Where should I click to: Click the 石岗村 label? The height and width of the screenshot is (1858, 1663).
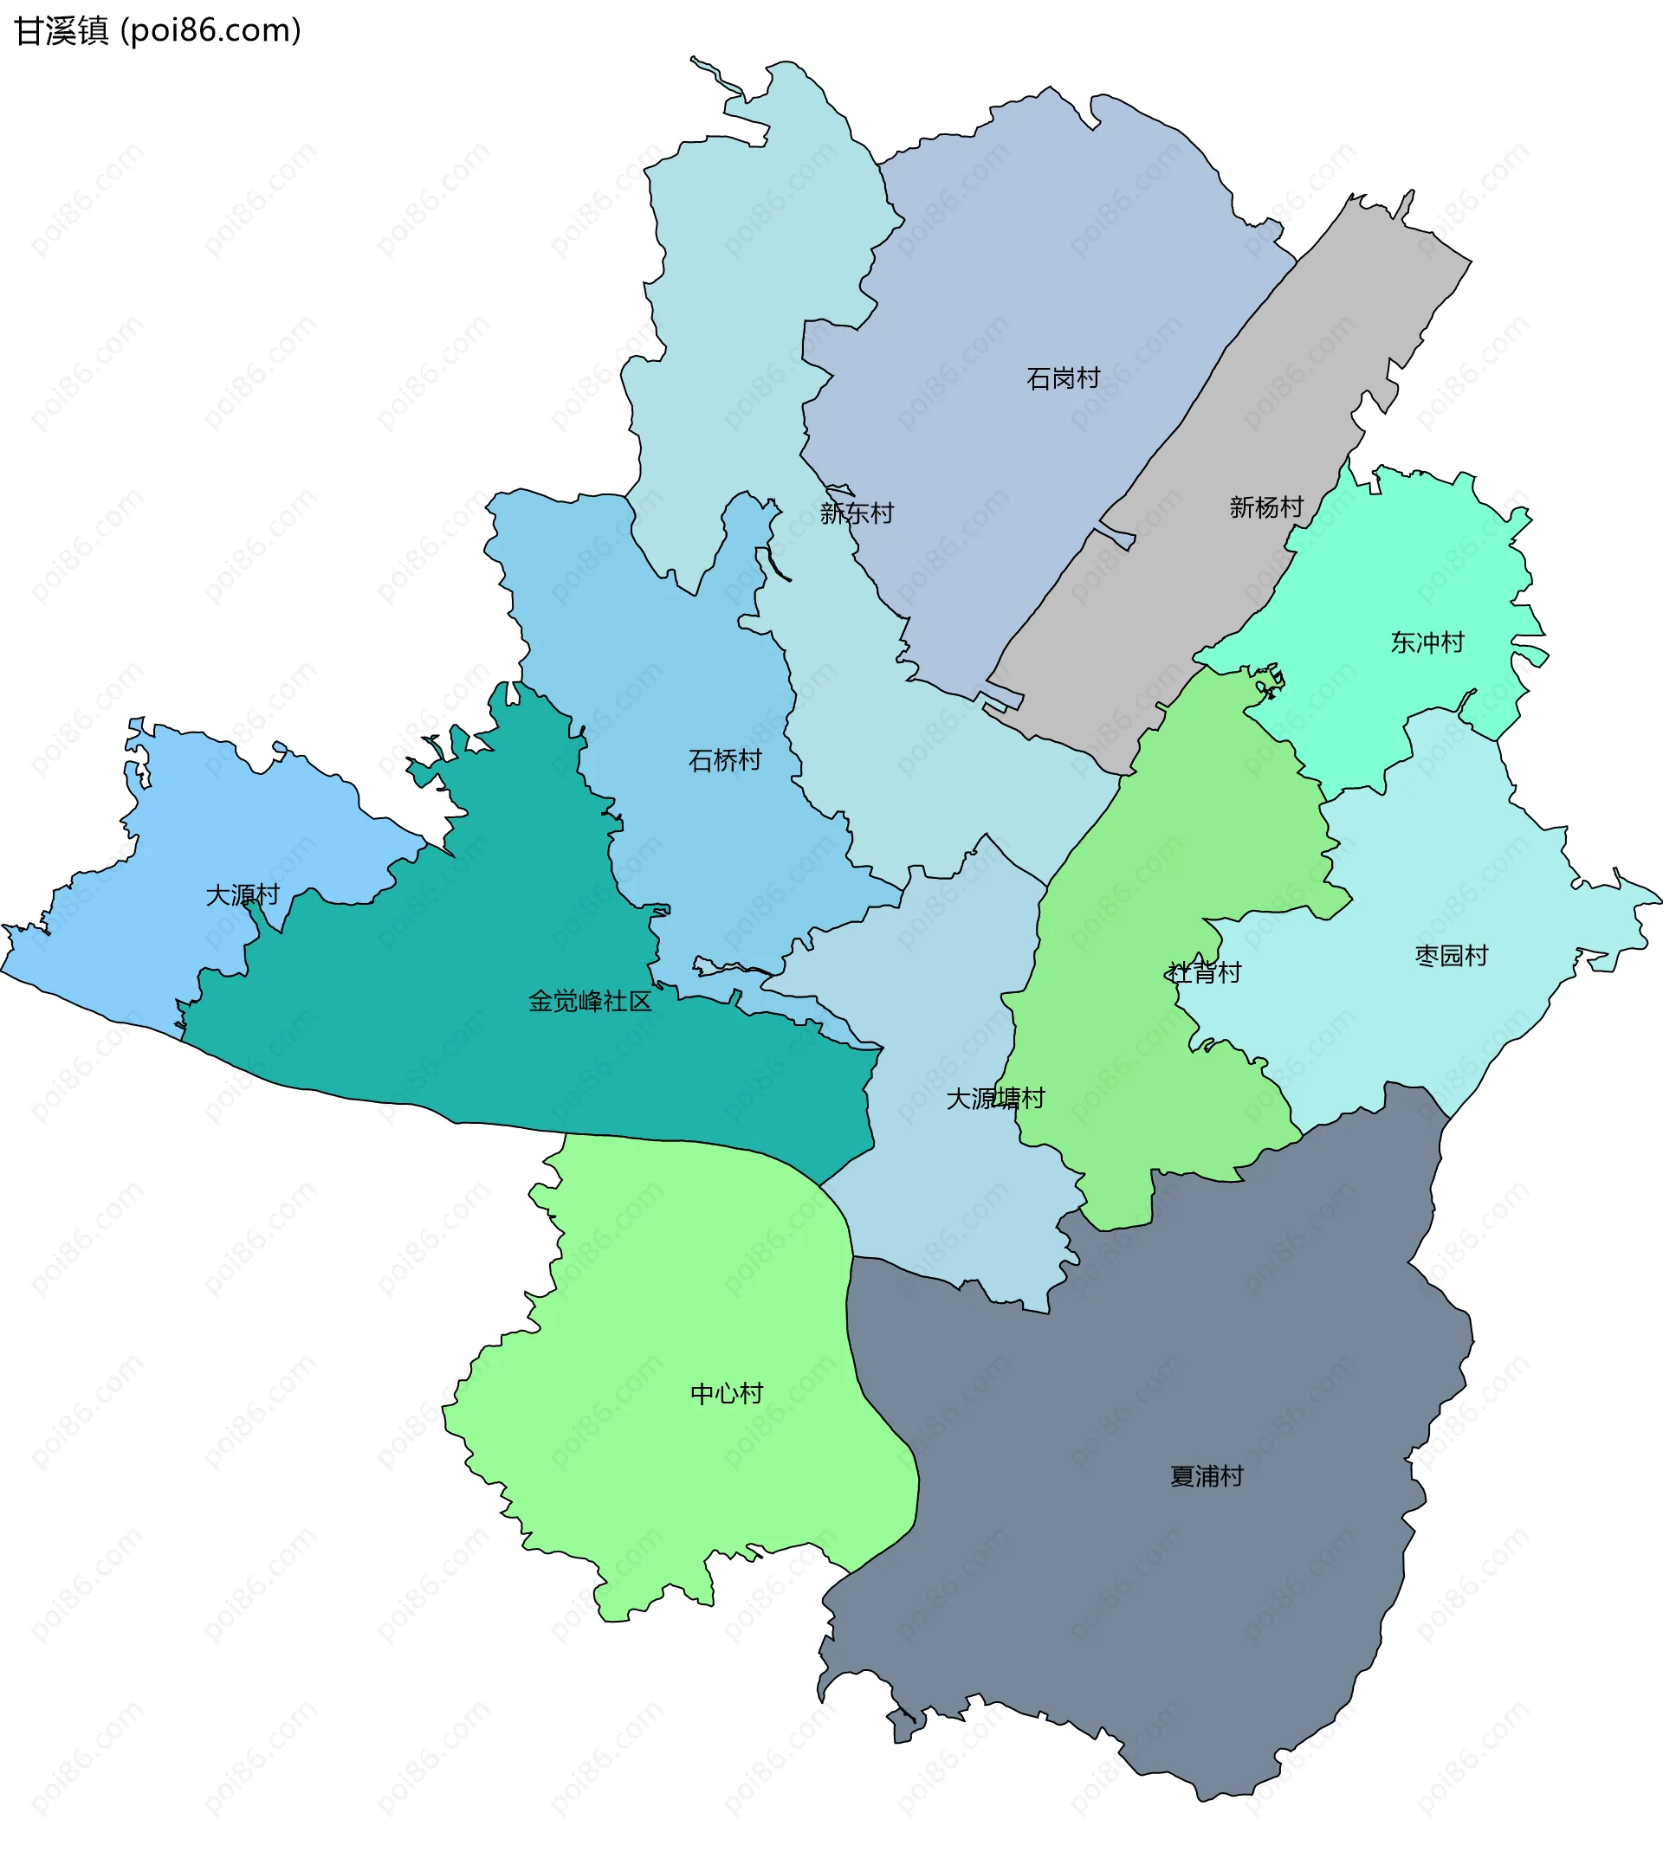1063,378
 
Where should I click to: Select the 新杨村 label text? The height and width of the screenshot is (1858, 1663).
1265,507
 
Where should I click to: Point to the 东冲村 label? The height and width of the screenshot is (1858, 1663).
1427,643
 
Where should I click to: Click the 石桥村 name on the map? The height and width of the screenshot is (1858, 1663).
725,760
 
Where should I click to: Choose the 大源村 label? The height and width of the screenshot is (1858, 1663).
243,895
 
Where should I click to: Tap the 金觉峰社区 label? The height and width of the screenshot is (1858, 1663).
590,1002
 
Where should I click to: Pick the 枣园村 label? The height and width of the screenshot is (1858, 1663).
1452,957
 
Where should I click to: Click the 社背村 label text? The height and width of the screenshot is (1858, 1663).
1204,973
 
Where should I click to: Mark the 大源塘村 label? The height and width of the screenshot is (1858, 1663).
995,1099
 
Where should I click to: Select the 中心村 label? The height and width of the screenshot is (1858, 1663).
727,1394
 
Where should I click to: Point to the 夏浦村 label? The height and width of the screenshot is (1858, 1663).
1207,1477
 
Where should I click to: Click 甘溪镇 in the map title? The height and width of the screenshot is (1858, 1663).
61,32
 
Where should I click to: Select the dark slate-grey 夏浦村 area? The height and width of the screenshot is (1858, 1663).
1142,1598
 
